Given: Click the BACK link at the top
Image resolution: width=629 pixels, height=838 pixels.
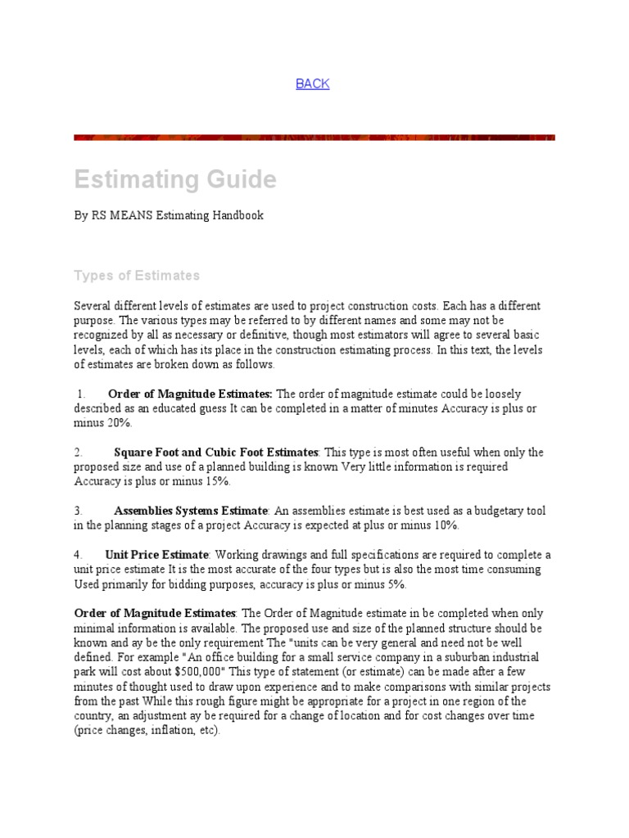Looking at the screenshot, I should [312, 83].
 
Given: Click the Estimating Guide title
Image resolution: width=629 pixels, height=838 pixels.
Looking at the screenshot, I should [175, 179].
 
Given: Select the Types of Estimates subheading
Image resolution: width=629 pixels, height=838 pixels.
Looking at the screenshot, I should [137, 275].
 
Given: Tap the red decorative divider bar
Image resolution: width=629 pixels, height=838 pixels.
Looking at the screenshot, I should [314, 137].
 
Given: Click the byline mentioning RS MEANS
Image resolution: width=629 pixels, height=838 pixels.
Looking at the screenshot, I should [169, 216].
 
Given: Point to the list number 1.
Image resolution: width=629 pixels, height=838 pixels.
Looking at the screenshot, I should [80, 394].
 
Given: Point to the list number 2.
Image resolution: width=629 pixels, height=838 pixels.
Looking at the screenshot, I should [78, 453].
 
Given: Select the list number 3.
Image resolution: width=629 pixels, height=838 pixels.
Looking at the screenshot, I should [78, 511].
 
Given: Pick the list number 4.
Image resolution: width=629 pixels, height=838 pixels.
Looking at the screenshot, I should [78, 555].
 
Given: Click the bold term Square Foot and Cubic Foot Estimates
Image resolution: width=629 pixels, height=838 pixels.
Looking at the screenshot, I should [216, 453].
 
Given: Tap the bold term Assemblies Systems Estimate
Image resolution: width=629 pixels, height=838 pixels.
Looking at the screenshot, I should [191, 511].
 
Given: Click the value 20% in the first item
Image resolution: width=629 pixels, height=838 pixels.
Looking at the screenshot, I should [118, 423].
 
